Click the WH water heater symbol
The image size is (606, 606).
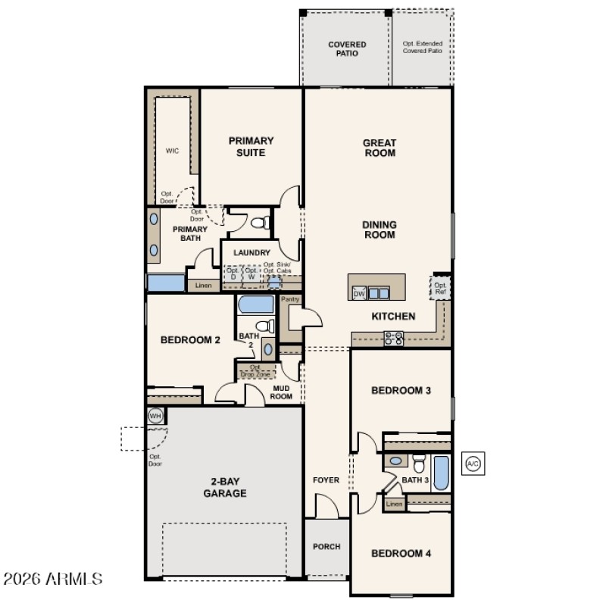[x=155, y=416]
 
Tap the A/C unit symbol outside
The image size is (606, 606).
[x=473, y=463]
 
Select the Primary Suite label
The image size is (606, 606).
[x=251, y=146]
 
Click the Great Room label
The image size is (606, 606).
[x=380, y=148]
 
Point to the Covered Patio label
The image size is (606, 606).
[x=347, y=49]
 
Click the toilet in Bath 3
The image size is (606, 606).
[x=419, y=462]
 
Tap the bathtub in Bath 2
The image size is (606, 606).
[x=255, y=305]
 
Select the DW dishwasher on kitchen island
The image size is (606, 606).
[x=359, y=294]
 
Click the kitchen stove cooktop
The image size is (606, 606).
[x=393, y=339]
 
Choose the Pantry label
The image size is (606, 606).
[x=290, y=299]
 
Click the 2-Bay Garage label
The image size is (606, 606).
[x=224, y=487]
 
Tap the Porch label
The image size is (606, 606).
[x=326, y=546]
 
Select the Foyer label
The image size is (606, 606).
[x=326, y=480]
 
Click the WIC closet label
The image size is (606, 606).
[x=172, y=150]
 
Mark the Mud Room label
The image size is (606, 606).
[x=282, y=392]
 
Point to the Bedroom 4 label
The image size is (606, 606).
[x=401, y=553]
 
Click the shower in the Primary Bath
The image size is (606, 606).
[x=166, y=283]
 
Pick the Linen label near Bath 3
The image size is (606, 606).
[x=394, y=504]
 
